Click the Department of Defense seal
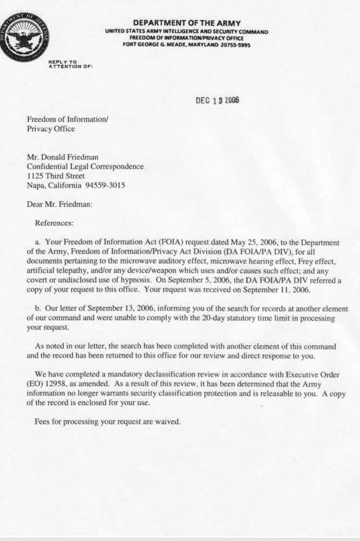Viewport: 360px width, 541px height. point(24,37)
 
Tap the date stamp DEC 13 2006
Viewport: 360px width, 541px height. point(217,101)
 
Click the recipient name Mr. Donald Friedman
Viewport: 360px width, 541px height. point(63,157)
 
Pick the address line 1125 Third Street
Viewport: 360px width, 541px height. point(56,176)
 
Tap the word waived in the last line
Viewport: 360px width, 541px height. point(167,422)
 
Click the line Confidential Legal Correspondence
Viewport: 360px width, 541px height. point(85,167)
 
